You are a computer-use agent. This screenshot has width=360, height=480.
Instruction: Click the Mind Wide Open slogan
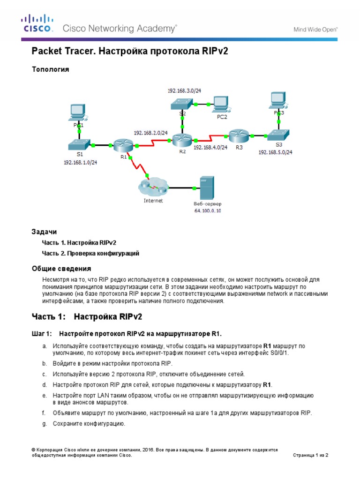[315, 29]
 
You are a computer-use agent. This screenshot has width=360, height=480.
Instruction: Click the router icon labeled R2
[180, 139]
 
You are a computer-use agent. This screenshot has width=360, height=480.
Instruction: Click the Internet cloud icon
[153, 188]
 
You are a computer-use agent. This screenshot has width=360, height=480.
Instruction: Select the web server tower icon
[206, 188]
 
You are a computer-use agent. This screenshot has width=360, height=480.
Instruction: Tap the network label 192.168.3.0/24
[183, 90]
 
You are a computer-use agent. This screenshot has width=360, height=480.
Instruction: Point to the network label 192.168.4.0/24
[210, 147]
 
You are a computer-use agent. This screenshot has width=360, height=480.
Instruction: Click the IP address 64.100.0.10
[207, 211]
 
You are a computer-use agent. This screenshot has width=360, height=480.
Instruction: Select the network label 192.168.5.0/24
[275, 152]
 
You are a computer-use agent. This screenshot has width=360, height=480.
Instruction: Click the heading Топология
[50, 69]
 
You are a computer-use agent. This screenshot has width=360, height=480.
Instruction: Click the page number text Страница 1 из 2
[313, 455]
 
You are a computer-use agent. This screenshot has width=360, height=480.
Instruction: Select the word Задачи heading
[44, 232]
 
